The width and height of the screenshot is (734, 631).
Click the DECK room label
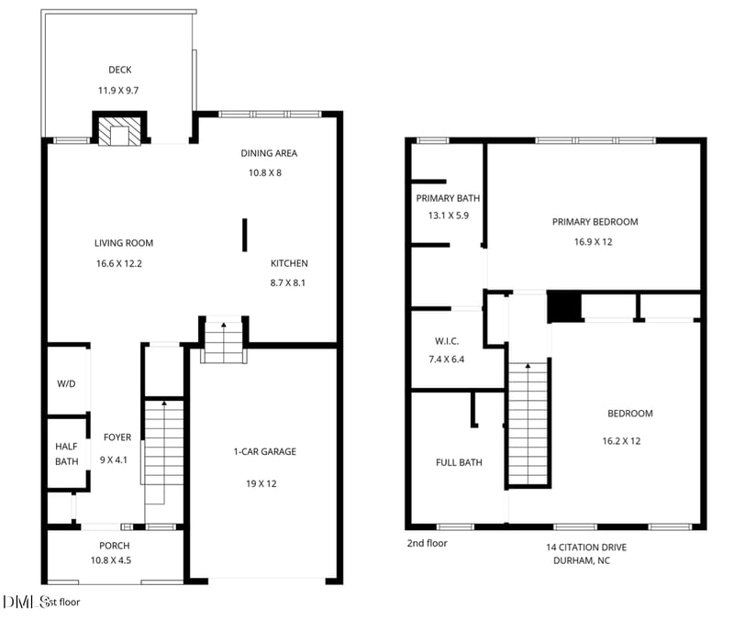(119, 70)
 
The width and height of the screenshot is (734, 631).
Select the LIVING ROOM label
(124, 243)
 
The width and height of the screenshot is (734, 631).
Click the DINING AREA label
(269, 153)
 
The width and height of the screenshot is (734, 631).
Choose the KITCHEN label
(289, 263)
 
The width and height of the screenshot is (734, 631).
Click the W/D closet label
(67, 384)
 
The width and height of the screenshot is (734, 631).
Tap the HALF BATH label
(66, 454)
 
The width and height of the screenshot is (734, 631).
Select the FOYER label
(117, 437)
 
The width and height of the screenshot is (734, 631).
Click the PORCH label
(115, 545)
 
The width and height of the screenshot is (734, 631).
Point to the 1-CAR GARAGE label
(264, 451)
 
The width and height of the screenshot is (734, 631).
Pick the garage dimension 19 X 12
(264, 483)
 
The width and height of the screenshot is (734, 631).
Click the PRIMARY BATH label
(448, 198)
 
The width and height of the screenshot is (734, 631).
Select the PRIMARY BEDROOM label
(595, 221)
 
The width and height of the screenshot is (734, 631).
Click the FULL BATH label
(459, 462)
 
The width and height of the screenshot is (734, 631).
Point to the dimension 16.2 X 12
(621, 441)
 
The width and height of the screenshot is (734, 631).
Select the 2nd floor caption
(428, 543)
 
